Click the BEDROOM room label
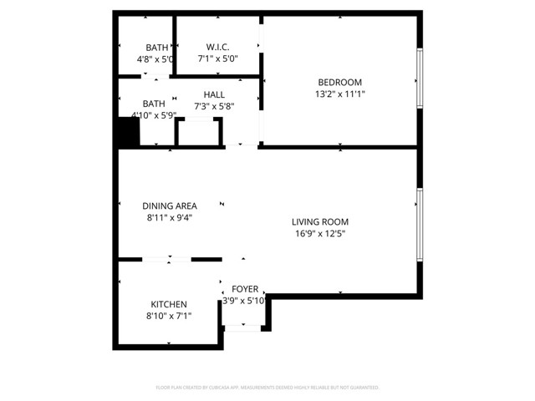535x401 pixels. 339,82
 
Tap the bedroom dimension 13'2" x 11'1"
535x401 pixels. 339,94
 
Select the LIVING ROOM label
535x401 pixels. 319,222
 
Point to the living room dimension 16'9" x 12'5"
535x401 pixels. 319,234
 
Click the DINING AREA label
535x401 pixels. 169,206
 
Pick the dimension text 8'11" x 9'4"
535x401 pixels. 169,218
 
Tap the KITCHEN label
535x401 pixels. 168,304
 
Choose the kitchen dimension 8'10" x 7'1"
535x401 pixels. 168,316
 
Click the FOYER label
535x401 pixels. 245,289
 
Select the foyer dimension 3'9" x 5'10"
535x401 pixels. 244,301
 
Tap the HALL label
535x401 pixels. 214,95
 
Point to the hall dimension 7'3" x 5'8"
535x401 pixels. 214,107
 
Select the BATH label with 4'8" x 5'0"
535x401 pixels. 156,48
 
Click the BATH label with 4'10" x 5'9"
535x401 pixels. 154,104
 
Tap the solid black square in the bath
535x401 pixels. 128,132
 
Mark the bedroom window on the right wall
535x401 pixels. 420,80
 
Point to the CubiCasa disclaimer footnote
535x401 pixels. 267,388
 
